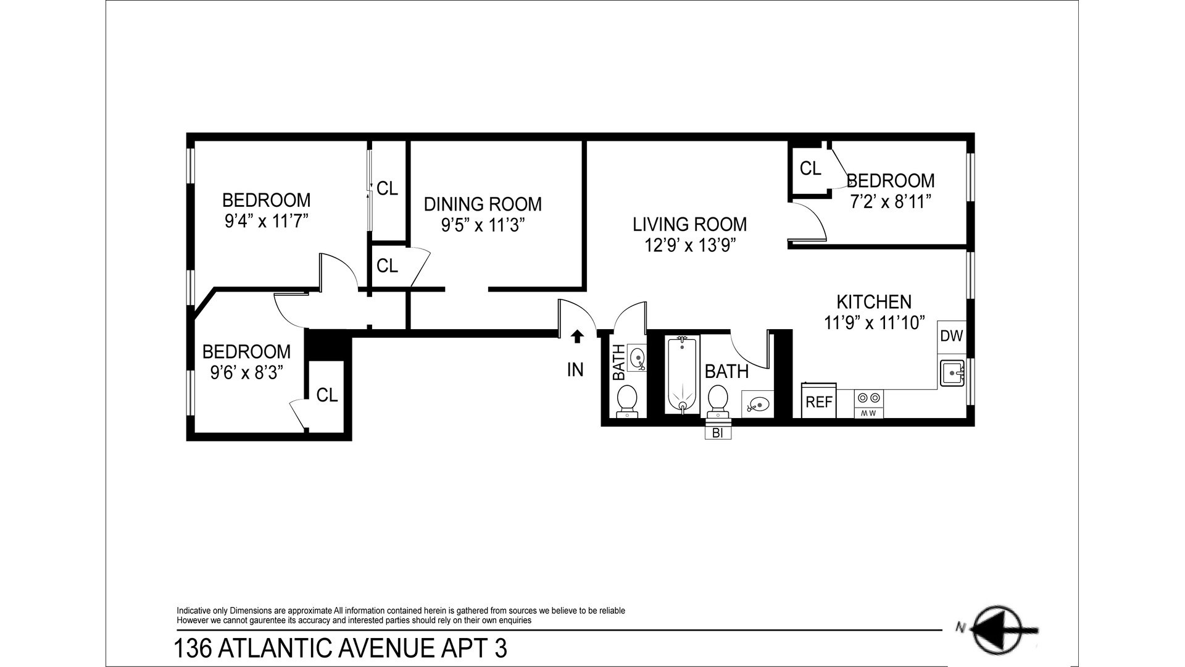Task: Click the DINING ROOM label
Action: pos(483,204)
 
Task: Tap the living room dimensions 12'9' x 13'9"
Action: pos(689,245)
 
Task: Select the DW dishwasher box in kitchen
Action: pos(951,337)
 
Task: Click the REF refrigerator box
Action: pos(819,402)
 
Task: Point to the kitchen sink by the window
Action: pos(952,374)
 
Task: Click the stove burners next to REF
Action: pos(868,398)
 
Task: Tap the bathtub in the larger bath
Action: pos(681,375)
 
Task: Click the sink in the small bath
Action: pos(638,358)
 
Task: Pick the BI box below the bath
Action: pos(718,433)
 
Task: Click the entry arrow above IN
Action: pos(577,336)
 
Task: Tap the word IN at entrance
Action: pos(575,370)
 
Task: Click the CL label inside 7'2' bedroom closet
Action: pos(810,168)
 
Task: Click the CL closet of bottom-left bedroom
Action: pos(326,395)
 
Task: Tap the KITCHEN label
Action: pos(874,302)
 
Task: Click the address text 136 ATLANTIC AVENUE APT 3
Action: pos(340,649)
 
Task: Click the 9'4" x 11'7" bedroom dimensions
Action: pos(266,221)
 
